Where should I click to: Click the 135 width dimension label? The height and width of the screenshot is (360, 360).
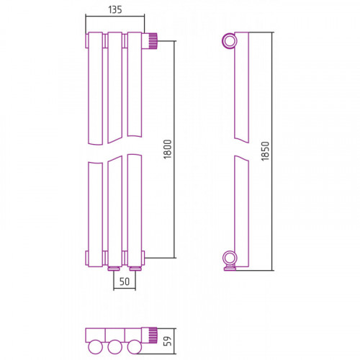coord(115,9)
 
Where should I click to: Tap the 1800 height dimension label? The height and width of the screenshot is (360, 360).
coord(168,149)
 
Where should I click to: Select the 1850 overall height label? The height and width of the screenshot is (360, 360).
coord(265,151)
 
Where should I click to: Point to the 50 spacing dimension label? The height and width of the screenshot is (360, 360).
coord(125,282)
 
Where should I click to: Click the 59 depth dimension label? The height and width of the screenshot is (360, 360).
coord(168,341)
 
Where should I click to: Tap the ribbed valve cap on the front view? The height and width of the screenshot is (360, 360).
coord(153,41)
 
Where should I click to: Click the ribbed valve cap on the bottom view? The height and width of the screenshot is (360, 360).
coord(153,335)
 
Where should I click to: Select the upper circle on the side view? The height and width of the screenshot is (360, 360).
coord(230,41)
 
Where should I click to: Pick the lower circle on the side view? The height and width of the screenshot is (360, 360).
coord(230,258)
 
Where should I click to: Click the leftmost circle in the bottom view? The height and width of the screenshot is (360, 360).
coord(96,347)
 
